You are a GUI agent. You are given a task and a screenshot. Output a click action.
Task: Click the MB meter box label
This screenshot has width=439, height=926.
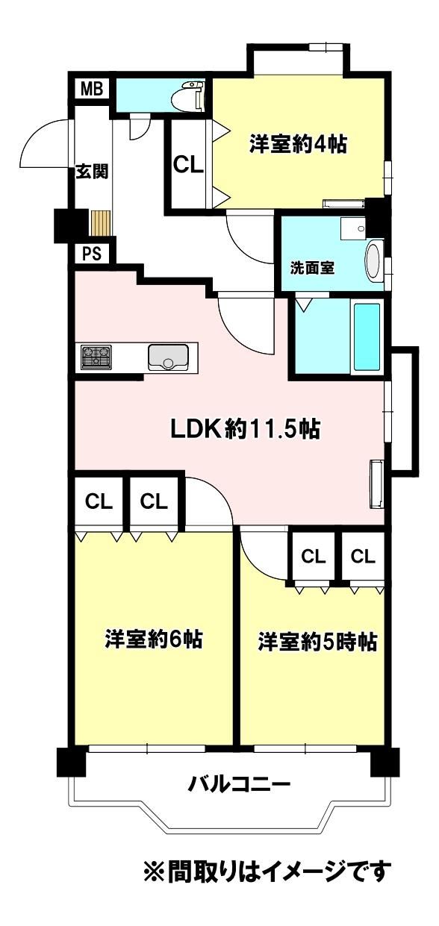92,89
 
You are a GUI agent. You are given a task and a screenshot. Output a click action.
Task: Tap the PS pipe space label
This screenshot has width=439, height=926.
91,254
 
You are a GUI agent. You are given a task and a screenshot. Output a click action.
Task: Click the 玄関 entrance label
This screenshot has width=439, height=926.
91,171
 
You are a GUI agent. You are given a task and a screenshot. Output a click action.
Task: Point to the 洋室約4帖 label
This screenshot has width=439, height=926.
298,144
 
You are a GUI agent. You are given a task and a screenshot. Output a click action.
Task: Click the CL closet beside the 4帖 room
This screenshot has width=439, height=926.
188,164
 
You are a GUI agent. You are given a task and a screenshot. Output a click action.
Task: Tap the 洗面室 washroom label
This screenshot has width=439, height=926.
311,269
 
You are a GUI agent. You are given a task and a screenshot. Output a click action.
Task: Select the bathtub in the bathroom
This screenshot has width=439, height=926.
366,337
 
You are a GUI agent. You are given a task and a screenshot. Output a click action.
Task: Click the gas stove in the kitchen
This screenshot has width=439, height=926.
96,357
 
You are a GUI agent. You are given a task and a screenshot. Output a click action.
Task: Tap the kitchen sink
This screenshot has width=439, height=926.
168,357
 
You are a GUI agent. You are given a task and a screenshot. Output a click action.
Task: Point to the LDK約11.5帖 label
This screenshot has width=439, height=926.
246,430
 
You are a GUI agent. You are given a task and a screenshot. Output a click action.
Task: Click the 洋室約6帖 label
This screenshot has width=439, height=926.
154,639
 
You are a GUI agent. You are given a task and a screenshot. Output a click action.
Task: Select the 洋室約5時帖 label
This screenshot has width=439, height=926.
317,642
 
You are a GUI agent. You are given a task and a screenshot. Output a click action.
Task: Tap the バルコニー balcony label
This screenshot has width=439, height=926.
239,783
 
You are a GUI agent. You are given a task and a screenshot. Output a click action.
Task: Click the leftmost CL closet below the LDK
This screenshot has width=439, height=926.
99,502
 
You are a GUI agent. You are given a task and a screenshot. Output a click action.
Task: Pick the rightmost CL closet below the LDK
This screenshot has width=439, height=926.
363,557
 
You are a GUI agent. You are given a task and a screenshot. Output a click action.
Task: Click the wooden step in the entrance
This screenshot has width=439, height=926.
101,223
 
